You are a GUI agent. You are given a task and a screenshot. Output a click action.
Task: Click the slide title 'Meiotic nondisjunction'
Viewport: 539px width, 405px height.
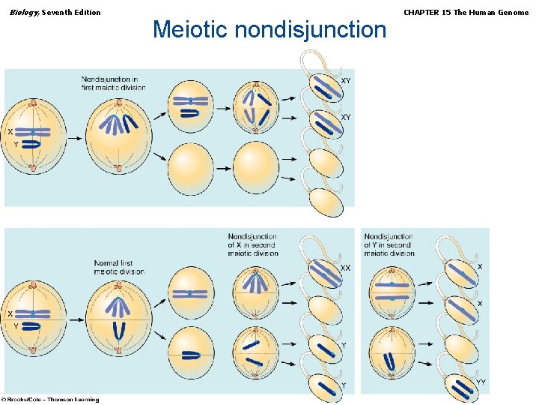(269, 30)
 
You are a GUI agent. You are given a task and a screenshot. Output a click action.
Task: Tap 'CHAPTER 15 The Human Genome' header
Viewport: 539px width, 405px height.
(466, 12)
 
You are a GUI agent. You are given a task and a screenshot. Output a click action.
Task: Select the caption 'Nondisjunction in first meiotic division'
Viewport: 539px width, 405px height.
(114, 83)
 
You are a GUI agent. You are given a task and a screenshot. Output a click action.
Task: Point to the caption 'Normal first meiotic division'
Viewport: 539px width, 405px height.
(119, 267)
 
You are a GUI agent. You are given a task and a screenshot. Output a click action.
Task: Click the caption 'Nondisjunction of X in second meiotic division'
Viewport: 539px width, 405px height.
(252, 245)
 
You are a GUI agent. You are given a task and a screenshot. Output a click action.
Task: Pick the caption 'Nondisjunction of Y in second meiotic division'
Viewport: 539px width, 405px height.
(389, 245)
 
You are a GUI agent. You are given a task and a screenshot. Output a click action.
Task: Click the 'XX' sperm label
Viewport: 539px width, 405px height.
(345, 268)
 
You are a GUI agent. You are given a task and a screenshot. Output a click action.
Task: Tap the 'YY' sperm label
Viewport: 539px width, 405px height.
(481, 382)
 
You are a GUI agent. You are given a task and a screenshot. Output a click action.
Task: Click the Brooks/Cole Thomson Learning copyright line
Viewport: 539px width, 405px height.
(50, 399)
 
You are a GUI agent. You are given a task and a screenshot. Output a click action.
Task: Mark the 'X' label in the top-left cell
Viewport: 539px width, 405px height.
(10, 131)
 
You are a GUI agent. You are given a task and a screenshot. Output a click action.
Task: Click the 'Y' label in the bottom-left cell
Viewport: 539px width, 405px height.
(16, 327)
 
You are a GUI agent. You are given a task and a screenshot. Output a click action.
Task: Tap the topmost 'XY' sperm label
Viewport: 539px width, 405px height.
(346, 80)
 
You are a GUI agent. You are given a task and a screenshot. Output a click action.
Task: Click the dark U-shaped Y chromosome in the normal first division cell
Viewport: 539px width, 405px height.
(118, 330)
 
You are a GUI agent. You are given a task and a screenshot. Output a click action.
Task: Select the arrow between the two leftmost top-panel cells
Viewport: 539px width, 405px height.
(76, 138)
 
